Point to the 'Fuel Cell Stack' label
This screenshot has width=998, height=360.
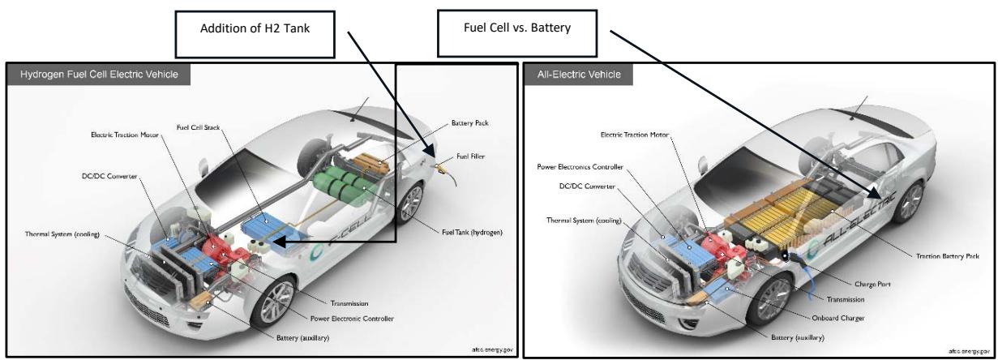point(199,127)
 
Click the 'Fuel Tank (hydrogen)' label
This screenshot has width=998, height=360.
point(472,233)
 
